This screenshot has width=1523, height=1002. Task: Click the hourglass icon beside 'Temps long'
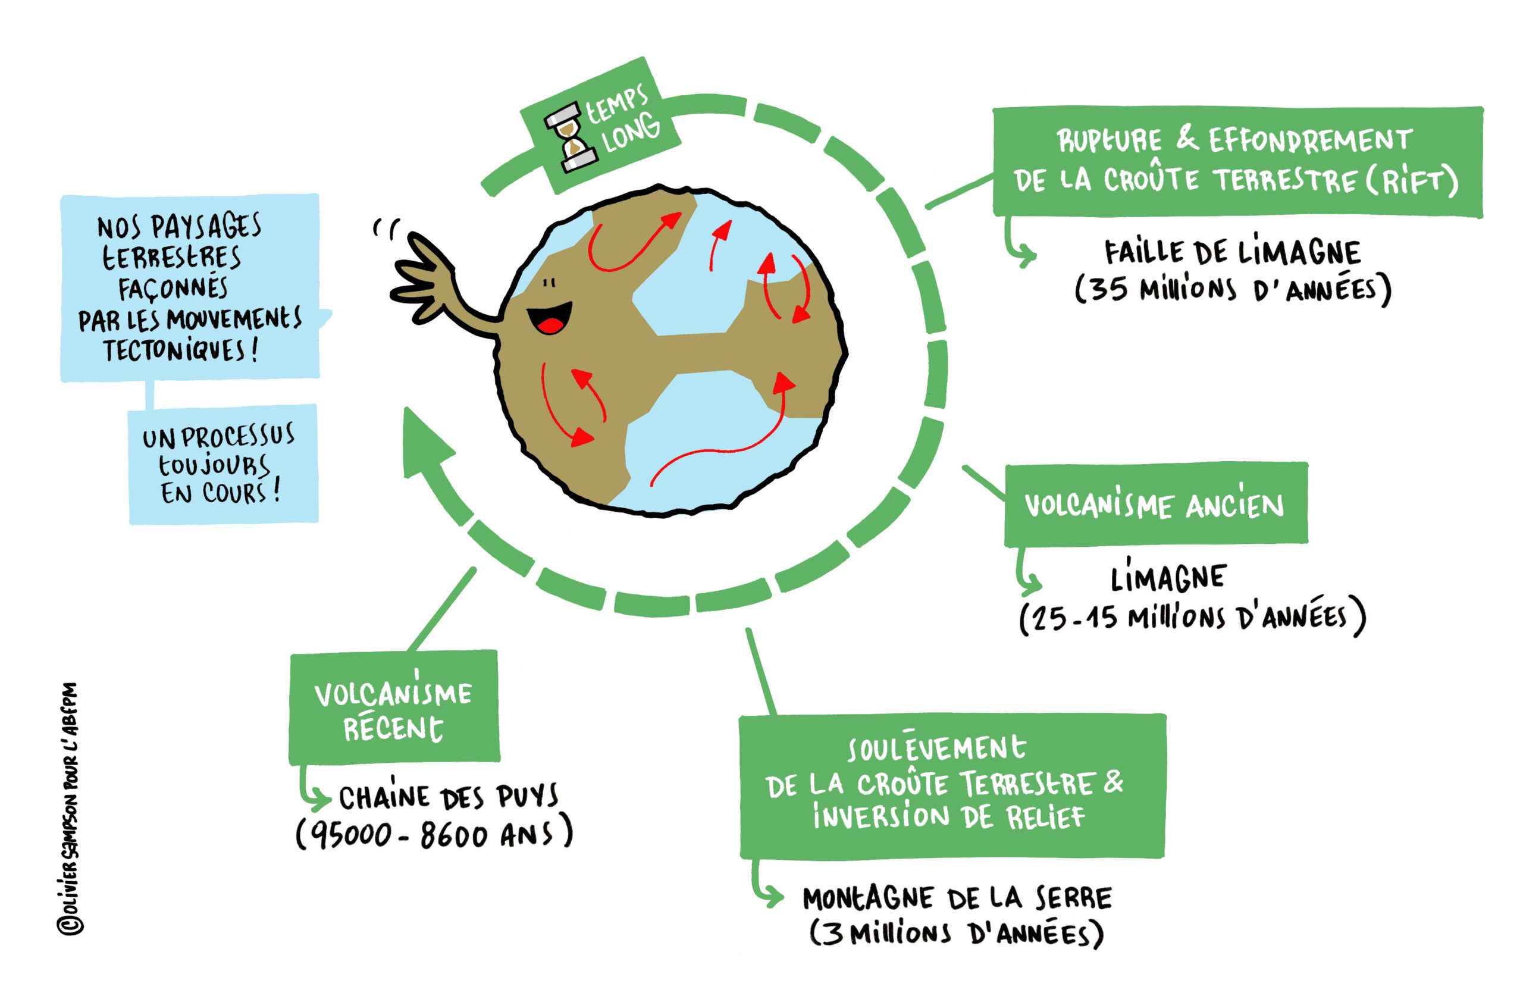point(570,139)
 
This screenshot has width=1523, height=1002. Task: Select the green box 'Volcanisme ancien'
point(1155,505)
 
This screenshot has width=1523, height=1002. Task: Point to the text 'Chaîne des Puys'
point(448,797)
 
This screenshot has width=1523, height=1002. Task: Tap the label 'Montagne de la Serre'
point(957,898)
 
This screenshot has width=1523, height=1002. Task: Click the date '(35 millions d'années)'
point(1233,290)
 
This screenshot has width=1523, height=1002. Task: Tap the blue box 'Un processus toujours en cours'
point(223,465)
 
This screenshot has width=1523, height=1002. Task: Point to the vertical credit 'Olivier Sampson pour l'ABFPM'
point(70,809)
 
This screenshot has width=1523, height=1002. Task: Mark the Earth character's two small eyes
point(549,283)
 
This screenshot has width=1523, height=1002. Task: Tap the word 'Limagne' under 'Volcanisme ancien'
point(1168,578)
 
